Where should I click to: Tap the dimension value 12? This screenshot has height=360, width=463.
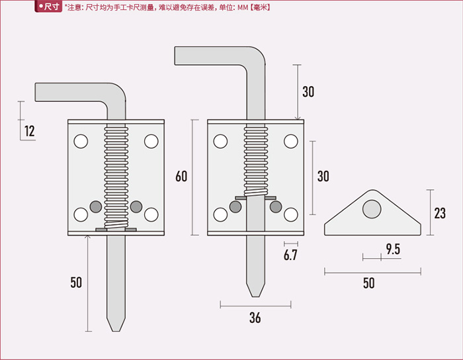pyautogui.click(x=29, y=131)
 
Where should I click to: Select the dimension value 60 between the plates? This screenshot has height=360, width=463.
pyautogui.click(x=181, y=176)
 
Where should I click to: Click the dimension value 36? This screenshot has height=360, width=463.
pyautogui.click(x=255, y=318)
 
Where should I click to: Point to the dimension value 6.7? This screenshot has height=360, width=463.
pyautogui.click(x=290, y=255)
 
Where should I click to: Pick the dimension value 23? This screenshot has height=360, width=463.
pyautogui.click(x=439, y=213)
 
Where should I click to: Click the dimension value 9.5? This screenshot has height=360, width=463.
pyautogui.click(x=393, y=249)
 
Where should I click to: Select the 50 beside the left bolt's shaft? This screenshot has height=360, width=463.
pyautogui.click(x=76, y=282)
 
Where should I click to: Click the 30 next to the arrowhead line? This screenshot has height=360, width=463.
pyautogui.click(x=308, y=92)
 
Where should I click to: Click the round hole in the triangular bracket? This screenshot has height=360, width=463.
pyautogui.click(x=372, y=209)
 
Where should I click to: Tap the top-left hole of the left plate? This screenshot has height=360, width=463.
pyautogui.click(x=81, y=141)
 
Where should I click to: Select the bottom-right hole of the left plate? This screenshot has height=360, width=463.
pyautogui.click(x=151, y=214)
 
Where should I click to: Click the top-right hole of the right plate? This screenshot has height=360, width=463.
pyautogui.click(x=290, y=141)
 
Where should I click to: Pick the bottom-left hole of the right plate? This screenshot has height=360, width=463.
pyautogui.click(x=220, y=214)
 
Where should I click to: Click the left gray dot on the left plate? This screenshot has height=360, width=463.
pyautogui.click(x=96, y=206)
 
